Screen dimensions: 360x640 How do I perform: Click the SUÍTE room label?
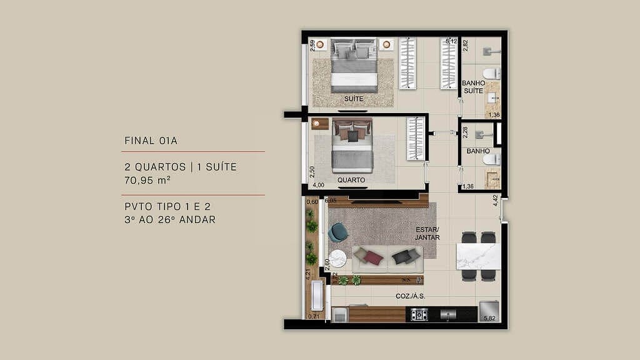tap(353, 99)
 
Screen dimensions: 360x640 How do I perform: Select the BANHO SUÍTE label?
tap(472, 87)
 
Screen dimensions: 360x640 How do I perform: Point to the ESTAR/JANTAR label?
tap(427, 233)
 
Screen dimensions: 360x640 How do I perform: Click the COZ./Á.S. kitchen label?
tap(411, 297)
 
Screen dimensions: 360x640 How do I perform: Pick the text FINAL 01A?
tap(151, 141)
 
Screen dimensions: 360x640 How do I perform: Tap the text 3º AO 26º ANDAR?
tap(169, 219)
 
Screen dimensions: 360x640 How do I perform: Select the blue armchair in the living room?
tap(338, 232)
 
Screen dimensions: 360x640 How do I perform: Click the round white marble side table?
tap(338, 258)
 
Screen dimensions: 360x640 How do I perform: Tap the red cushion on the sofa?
tap(373, 257)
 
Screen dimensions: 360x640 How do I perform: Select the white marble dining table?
tap(478, 256)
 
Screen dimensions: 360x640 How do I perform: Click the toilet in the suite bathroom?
tap(491, 74)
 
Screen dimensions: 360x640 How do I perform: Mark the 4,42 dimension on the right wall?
tap(496, 200)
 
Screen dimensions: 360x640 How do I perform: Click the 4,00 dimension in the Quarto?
tap(318, 185)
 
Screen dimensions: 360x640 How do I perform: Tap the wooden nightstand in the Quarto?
tap(320, 124)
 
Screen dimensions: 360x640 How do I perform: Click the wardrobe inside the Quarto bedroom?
tap(416, 139)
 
